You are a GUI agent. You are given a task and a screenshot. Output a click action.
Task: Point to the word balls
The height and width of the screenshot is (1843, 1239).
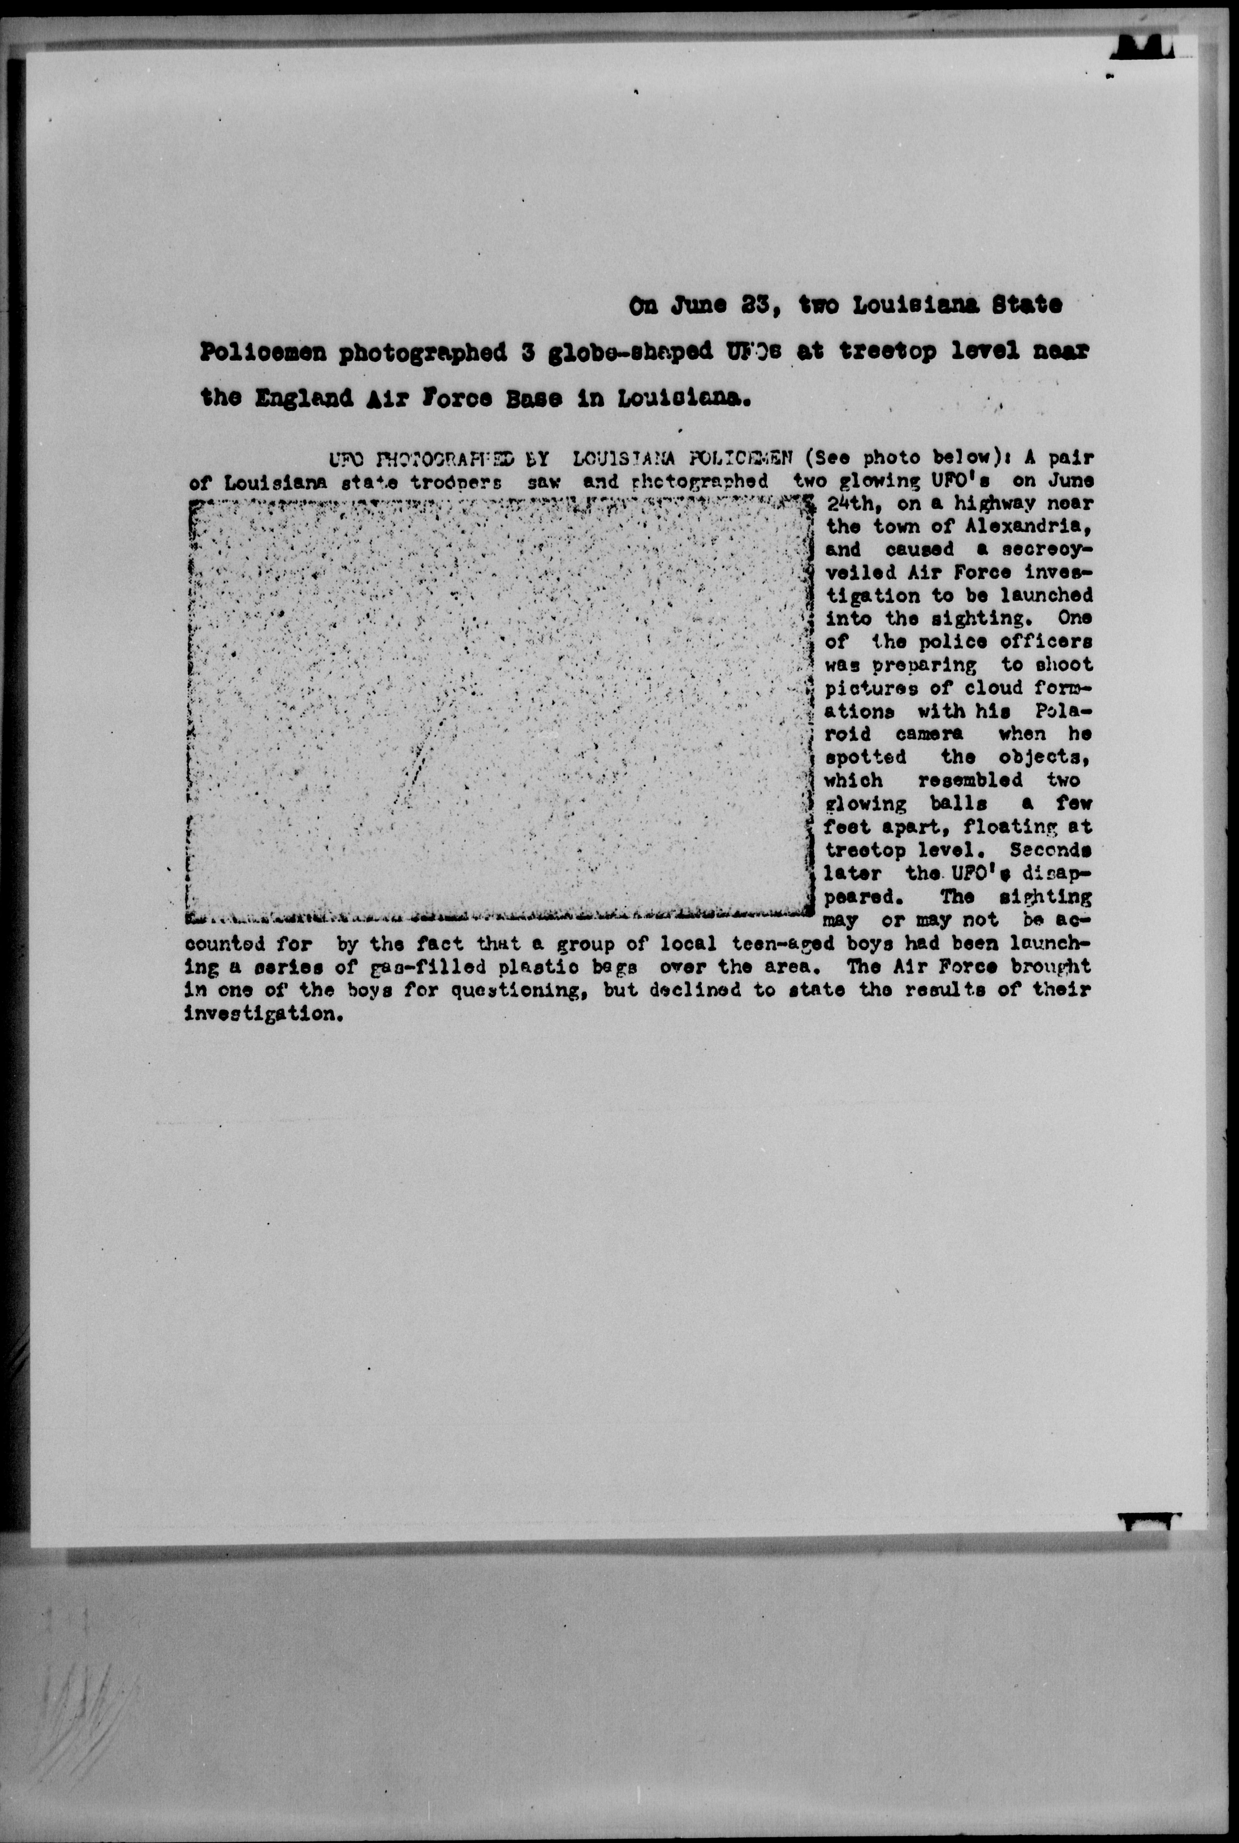(959, 804)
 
